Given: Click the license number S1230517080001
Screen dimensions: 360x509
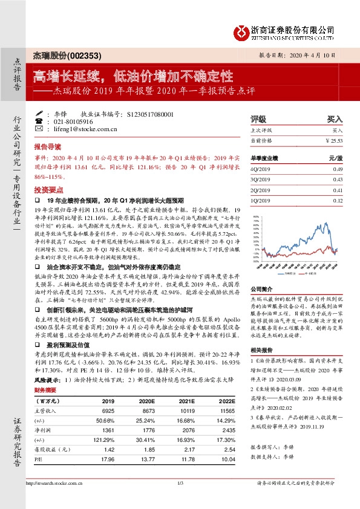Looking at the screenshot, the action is [151, 114].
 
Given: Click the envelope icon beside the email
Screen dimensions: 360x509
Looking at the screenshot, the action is [39, 129].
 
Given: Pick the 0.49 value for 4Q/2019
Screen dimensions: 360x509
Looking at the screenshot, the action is [338, 169].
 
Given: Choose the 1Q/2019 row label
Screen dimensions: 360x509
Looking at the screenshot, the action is [260, 200].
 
